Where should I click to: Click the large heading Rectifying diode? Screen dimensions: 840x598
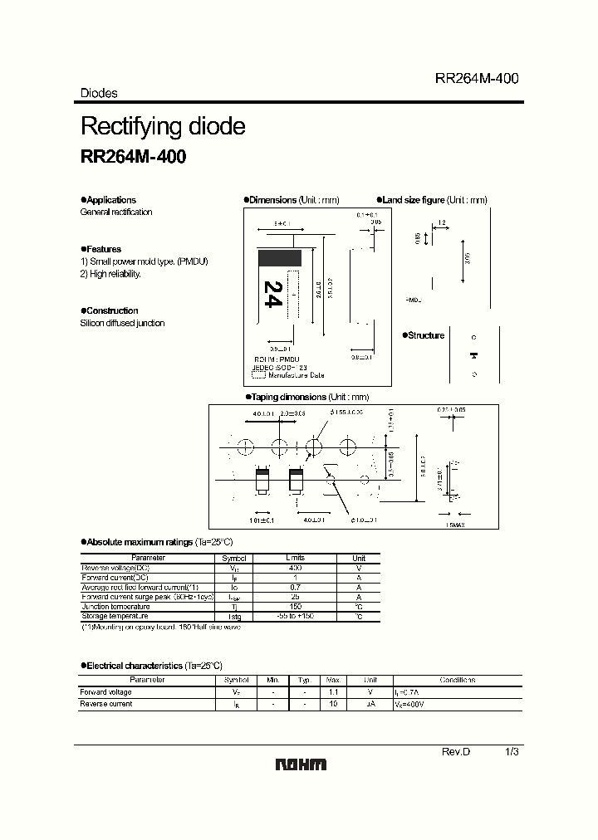click(162, 127)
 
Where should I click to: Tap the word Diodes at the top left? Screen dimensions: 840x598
click(98, 94)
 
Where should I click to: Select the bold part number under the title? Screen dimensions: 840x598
click(133, 158)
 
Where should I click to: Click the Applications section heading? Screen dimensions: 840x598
click(110, 200)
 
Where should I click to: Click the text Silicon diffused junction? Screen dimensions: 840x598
click(122, 323)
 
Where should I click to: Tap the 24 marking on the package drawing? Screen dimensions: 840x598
click(272, 295)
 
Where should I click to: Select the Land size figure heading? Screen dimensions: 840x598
click(414, 200)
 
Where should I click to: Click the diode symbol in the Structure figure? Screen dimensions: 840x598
click(474, 356)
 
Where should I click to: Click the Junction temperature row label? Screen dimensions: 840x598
click(115, 606)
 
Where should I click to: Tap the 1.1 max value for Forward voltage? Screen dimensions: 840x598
click(333, 692)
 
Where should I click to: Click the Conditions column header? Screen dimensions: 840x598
click(458, 680)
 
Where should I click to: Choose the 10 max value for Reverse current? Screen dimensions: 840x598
click(333, 704)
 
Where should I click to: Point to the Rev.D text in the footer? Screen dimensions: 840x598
click(455, 751)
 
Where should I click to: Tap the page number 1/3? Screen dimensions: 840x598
click(512, 751)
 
